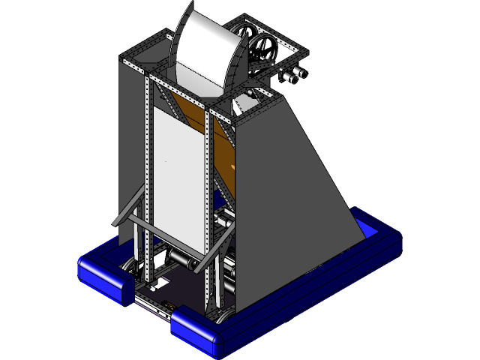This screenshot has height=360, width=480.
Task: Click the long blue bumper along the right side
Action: [315, 292]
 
